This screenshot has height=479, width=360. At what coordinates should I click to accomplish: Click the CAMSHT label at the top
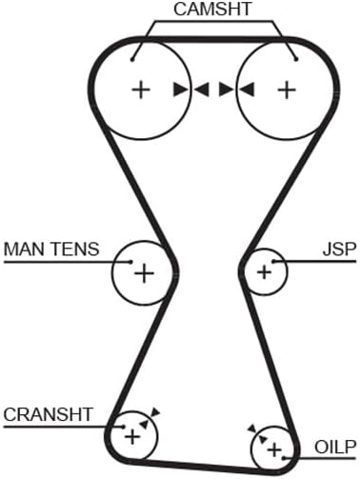click(x=212, y=10)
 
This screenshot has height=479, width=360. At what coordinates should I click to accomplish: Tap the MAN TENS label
click(x=51, y=249)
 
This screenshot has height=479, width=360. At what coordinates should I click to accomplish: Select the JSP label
click(x=339, y=249)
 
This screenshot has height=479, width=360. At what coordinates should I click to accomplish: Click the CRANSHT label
click(x=48, y=414)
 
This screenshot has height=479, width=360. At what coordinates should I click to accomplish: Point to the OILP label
click(x=335, y=448)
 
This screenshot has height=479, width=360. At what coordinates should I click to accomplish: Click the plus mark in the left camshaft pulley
click(x=141, y=90)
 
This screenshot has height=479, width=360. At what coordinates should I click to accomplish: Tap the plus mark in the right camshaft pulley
click(x=287, y=90)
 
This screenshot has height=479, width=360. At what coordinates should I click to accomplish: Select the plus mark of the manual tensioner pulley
click(x=145, y=273)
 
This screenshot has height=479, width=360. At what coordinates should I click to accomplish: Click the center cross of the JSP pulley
click(x=264, y=272)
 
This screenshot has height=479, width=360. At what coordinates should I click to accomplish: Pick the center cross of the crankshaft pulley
click(x=132, y=437)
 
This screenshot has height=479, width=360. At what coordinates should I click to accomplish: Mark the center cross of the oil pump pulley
click(x=274, y=449)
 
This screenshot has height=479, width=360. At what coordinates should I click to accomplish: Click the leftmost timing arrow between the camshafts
click(x=181, y=90)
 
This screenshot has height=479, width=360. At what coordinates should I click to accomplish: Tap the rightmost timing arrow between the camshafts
click(x=247, y=90)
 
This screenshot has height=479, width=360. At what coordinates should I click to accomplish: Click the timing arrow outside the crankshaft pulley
click(x=155, y=411)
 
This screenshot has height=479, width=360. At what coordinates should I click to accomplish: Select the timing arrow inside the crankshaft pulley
click(x=144, y=424)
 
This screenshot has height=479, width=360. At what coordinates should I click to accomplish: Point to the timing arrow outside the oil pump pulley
click(x=252, y=429)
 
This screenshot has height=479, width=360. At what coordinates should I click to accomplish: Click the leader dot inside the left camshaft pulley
click(x=132, y=59)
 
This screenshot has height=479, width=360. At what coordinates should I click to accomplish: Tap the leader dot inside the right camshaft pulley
click(x=296, y=59)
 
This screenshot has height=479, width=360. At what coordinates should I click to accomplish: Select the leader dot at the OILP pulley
click(x=284, y=458)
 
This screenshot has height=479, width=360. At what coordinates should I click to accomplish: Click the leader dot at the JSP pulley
click(x=273, y=261)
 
